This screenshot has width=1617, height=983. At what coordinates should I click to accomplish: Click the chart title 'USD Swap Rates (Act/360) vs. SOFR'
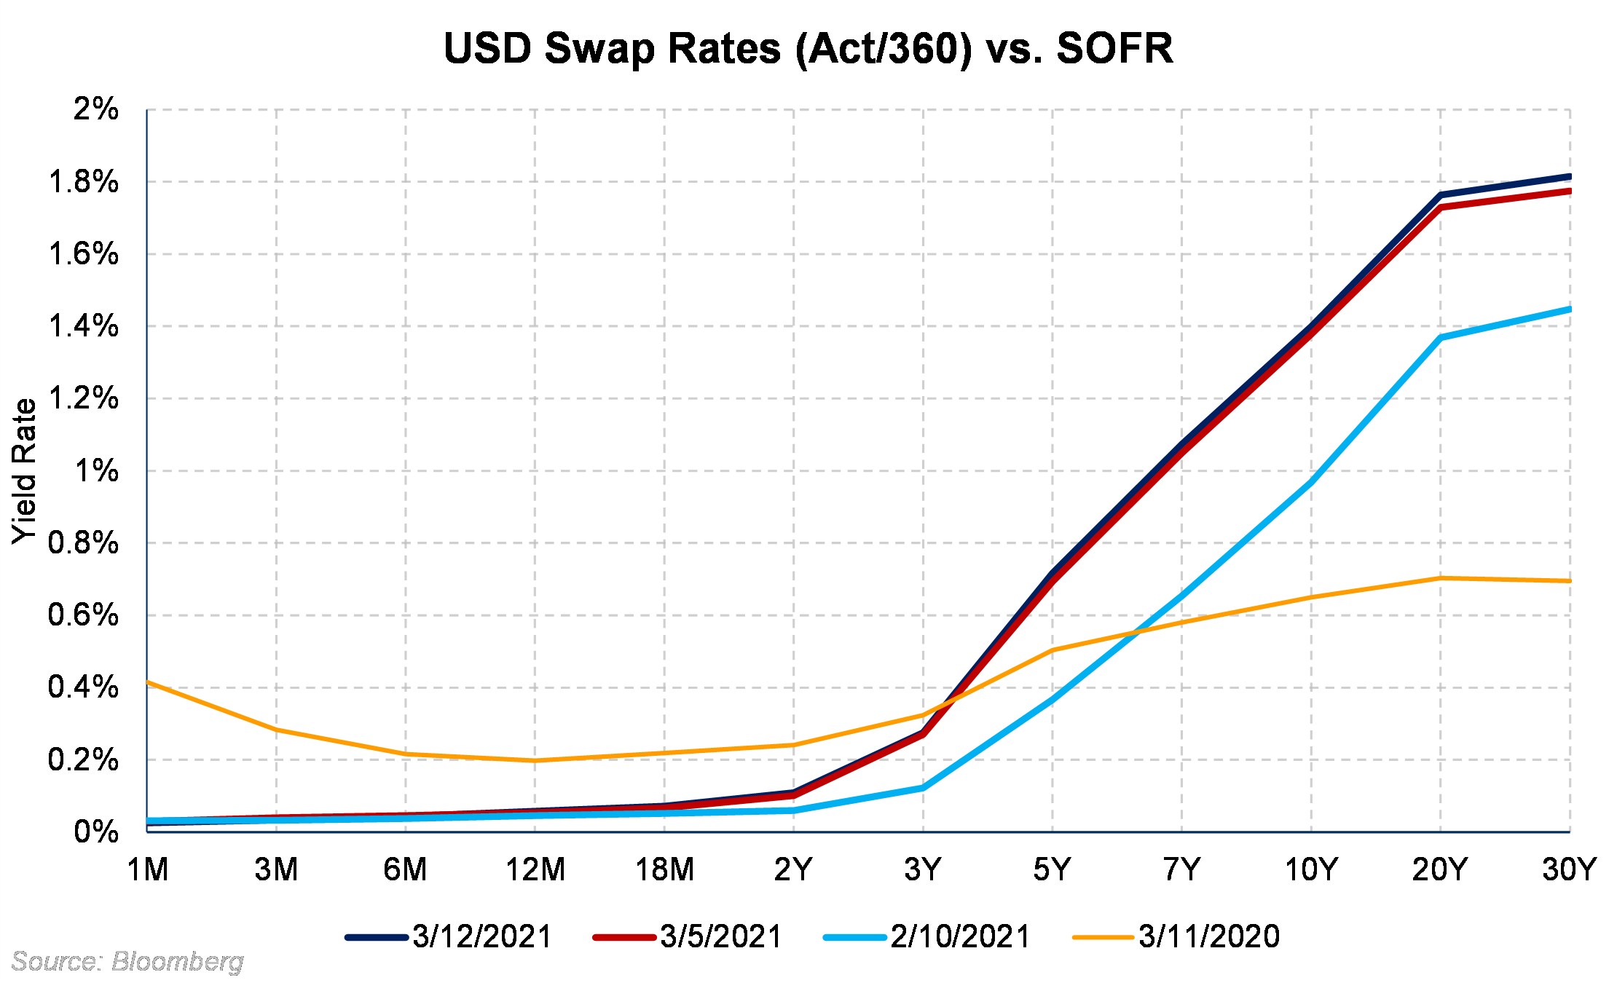(x=808, y=49)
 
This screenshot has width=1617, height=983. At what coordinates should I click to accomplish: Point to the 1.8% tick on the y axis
(x=83, y=182)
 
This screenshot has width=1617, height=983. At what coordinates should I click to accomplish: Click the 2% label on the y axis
(x=95, y=109)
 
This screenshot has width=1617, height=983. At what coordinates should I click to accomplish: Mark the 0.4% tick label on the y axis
(x=83, y=687)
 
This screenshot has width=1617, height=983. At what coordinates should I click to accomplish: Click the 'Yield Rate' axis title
(x=25, y=471)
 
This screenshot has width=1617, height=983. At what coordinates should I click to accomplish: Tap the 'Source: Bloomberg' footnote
(x=127, y=962)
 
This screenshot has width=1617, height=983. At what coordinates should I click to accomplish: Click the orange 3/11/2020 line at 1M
(x=149, y=682)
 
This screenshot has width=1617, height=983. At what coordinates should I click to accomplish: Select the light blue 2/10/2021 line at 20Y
(x=1440, y=338)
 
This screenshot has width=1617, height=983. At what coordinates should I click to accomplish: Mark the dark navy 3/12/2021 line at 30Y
(x=1568, y=177)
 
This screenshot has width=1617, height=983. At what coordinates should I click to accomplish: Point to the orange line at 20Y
(x=1440, y=578)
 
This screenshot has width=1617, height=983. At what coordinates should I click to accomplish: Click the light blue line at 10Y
(x=1311, y=482)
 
